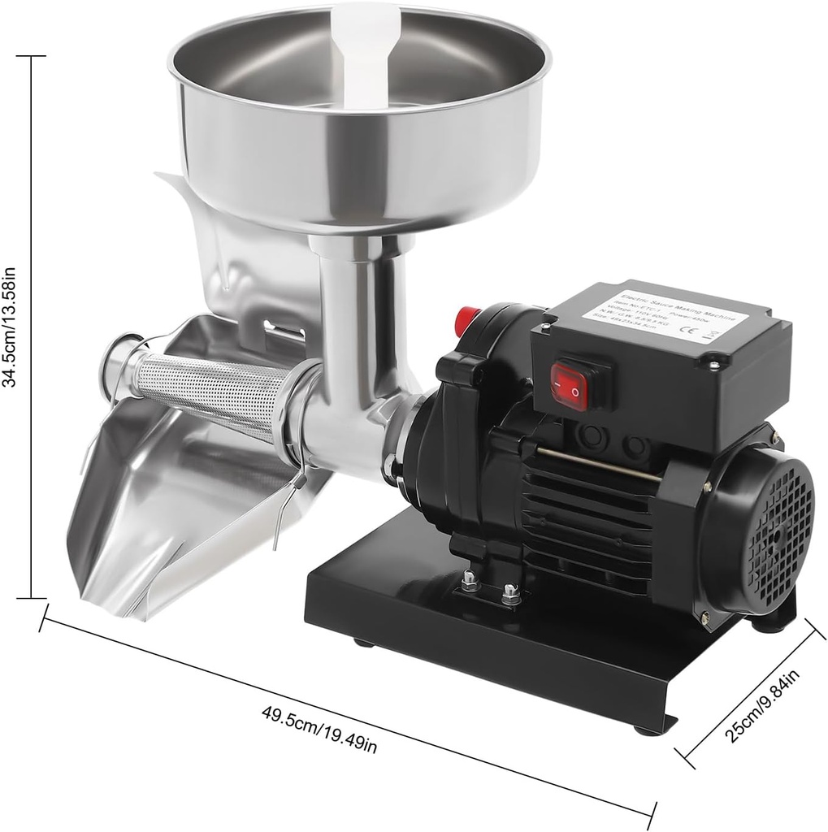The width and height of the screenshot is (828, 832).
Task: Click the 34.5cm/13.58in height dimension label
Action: (11, 325)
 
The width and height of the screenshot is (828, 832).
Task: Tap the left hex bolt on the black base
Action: (470, 582)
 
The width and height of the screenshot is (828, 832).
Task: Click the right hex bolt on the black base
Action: (510, 595)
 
